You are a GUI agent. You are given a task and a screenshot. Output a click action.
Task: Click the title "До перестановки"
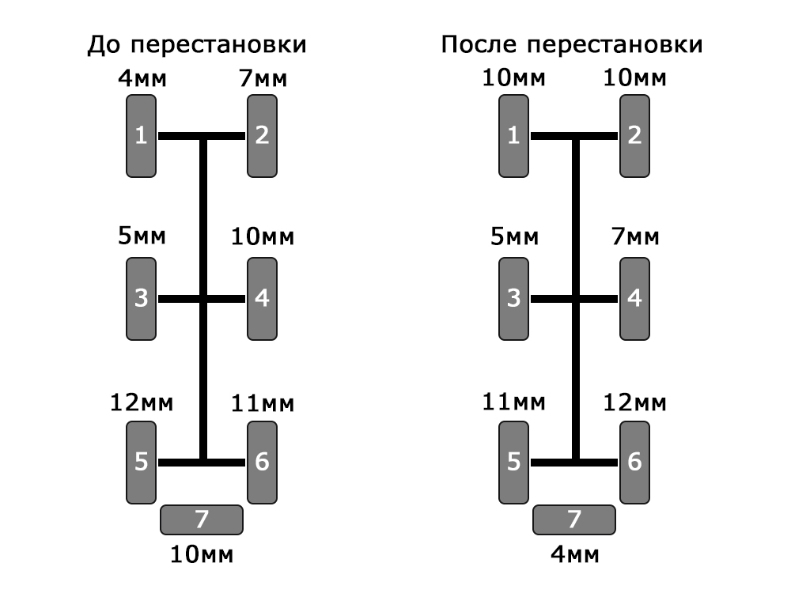pos(197,45)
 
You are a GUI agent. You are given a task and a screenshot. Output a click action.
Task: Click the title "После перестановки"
pos(571,45)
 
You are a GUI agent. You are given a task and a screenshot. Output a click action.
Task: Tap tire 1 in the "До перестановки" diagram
pos(142,136)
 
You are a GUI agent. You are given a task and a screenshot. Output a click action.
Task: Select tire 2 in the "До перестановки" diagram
pos(262,136)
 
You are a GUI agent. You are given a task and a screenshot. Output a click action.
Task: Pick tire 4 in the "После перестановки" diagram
pos(634,299)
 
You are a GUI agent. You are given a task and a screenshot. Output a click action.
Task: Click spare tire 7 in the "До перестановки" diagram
pos(202,519)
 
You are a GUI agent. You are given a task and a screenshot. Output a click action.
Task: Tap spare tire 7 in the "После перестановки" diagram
pos(574,519)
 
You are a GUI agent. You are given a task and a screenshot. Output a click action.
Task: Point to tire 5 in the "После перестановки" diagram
pos(514,462)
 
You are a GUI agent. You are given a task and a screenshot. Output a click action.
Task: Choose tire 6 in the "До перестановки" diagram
pos(262,462)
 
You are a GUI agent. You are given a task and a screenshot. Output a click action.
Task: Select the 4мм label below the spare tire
pos(574,553)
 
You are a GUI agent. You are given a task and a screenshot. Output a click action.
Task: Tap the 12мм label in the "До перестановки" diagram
pos(142,403)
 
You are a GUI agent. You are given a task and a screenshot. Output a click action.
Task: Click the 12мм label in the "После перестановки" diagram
pos(634,403)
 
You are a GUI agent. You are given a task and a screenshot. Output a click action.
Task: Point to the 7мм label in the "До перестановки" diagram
pos(262,80)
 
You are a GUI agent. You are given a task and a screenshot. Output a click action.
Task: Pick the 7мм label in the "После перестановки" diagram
pos(634,237)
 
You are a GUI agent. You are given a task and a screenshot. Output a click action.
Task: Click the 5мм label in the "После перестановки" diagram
pos(514,237)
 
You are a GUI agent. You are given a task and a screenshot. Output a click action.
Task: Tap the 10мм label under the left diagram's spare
pos(202,553)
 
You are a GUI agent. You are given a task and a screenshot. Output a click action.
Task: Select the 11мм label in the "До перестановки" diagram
pos(262,403)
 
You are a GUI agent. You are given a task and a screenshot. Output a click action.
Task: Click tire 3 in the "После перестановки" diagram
pos(514,299)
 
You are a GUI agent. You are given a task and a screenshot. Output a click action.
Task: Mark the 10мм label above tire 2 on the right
pos(634,80)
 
